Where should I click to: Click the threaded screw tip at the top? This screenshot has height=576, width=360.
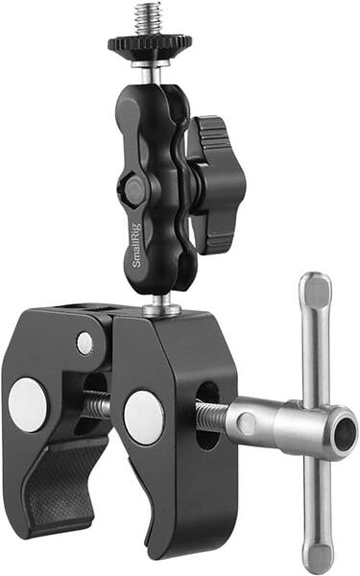[148, 19]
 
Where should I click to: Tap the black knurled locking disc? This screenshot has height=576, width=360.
[150, 46]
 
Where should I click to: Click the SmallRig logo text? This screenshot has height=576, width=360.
[136, 245]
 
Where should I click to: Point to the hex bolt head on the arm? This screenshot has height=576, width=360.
[134, 189]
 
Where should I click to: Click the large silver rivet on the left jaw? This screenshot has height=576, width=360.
[28, 404]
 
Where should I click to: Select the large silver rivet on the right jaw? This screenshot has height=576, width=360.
[144, 418]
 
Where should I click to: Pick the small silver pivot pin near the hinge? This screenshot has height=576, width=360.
[84, 343]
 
